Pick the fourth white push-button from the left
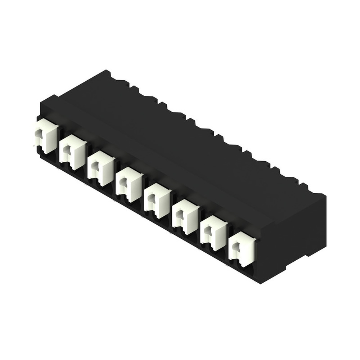click(x=129, y=184)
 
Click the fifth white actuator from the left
click(x=157, y=201)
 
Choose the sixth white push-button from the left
click(x=185, y=217)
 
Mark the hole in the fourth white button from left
click(x=123, y=183)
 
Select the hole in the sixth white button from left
click(x=179, y=215)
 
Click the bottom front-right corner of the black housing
click(x=260, y=283)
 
